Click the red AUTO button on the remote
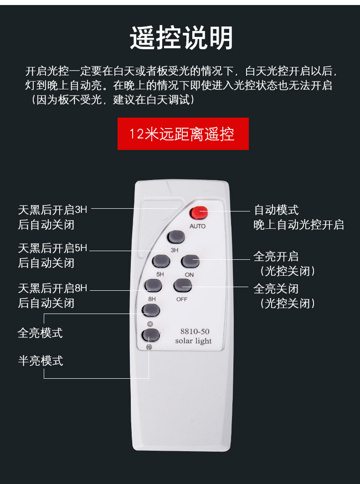(x=199, y=213)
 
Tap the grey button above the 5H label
(x=161, y=261)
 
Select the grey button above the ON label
(x=190, y=261)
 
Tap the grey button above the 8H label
(x=153, y=285)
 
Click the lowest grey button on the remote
(x=151, y=335)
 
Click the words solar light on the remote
(x=193, y=341)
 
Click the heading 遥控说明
(x=181, y=38)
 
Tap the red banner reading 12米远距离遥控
(x=183, y=134)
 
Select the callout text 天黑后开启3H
(x=52, y=210)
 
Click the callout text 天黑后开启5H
(x=52, y=248)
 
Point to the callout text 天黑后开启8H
(x=52, y=288)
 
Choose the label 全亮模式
(x=40, y=333)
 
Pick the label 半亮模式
(x=40, y=361)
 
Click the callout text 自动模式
(x=276, y=210)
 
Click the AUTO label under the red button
(x=197, y=227)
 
